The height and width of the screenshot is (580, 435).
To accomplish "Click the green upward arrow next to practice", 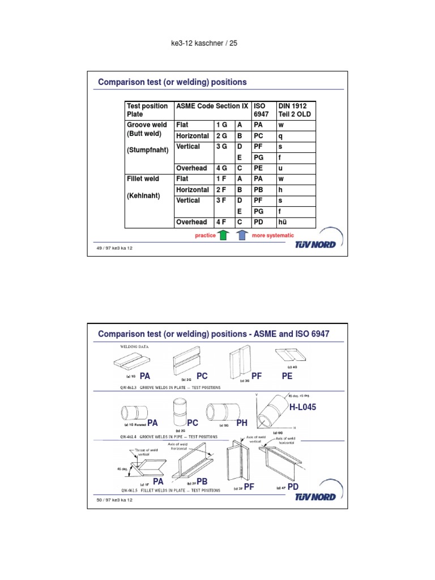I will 223,235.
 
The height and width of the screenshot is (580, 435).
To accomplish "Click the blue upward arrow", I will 242,235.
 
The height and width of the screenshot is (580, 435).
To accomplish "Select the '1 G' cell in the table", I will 221,124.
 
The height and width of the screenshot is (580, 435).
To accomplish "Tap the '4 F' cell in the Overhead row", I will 221,222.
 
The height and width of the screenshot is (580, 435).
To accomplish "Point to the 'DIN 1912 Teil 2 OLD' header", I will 295,110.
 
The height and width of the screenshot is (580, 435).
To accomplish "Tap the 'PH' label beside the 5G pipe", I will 242,423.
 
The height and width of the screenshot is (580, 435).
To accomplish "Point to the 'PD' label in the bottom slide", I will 293,487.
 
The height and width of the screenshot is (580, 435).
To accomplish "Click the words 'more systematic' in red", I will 273,235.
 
